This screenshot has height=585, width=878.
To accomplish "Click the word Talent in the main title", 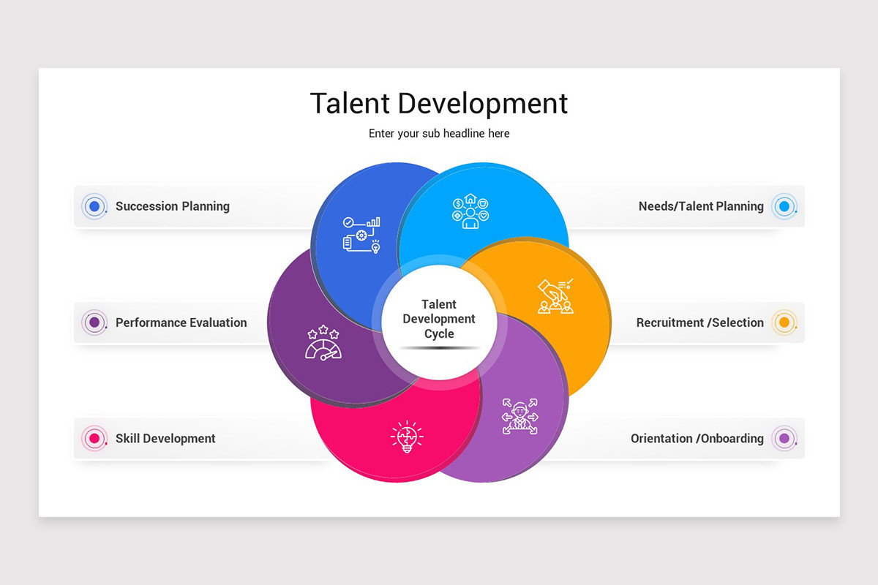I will pyautogui.click(x=350, y=103).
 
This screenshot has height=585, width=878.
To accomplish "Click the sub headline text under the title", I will pyautogui.click(x=439, y=134).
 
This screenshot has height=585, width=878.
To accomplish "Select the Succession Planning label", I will pyautogui.click(x=173, y=206).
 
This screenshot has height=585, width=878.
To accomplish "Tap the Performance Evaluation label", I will pyautogui.click(x=181, y=322).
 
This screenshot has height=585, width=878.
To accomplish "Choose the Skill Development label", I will pyautogui.click(x=165, y=439).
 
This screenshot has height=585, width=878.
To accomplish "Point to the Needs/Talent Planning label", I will pyautogui.click(x=701, y=206).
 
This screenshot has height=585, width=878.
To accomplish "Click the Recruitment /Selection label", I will pyautogui.click(x=699, y=322).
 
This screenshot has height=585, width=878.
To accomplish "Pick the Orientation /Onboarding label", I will pyautogui.click(x=697, y=439).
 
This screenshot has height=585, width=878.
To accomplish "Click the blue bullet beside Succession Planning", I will pyautogui.click(x=94, y=206).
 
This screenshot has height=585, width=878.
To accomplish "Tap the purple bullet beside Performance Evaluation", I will pyautogui.click(x=94, y=322).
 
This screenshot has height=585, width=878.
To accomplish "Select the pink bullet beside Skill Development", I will pyautogui.click(x=94, y=439).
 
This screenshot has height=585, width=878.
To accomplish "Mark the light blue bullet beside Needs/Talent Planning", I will pyautogui.click(x=784, y=206).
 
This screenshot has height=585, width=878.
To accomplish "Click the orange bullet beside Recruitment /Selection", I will pyautogui.click(x=784, y=322).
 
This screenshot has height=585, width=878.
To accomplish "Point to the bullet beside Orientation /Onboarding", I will pyautogui.click(x=784, y=439).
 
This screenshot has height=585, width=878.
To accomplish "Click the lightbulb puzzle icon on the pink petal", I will pyautogui.click(x=407, y=437).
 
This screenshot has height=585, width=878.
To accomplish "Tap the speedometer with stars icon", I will pyautogui.click(x=323, y=343).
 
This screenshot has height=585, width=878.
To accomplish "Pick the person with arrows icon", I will pyautogui.click(x=519, y=416).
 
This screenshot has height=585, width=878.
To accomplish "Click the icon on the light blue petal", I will pyautogui.click(x=470, y=211).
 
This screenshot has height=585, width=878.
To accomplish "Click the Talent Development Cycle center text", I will pyautogui.click(x=439, y=319).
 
